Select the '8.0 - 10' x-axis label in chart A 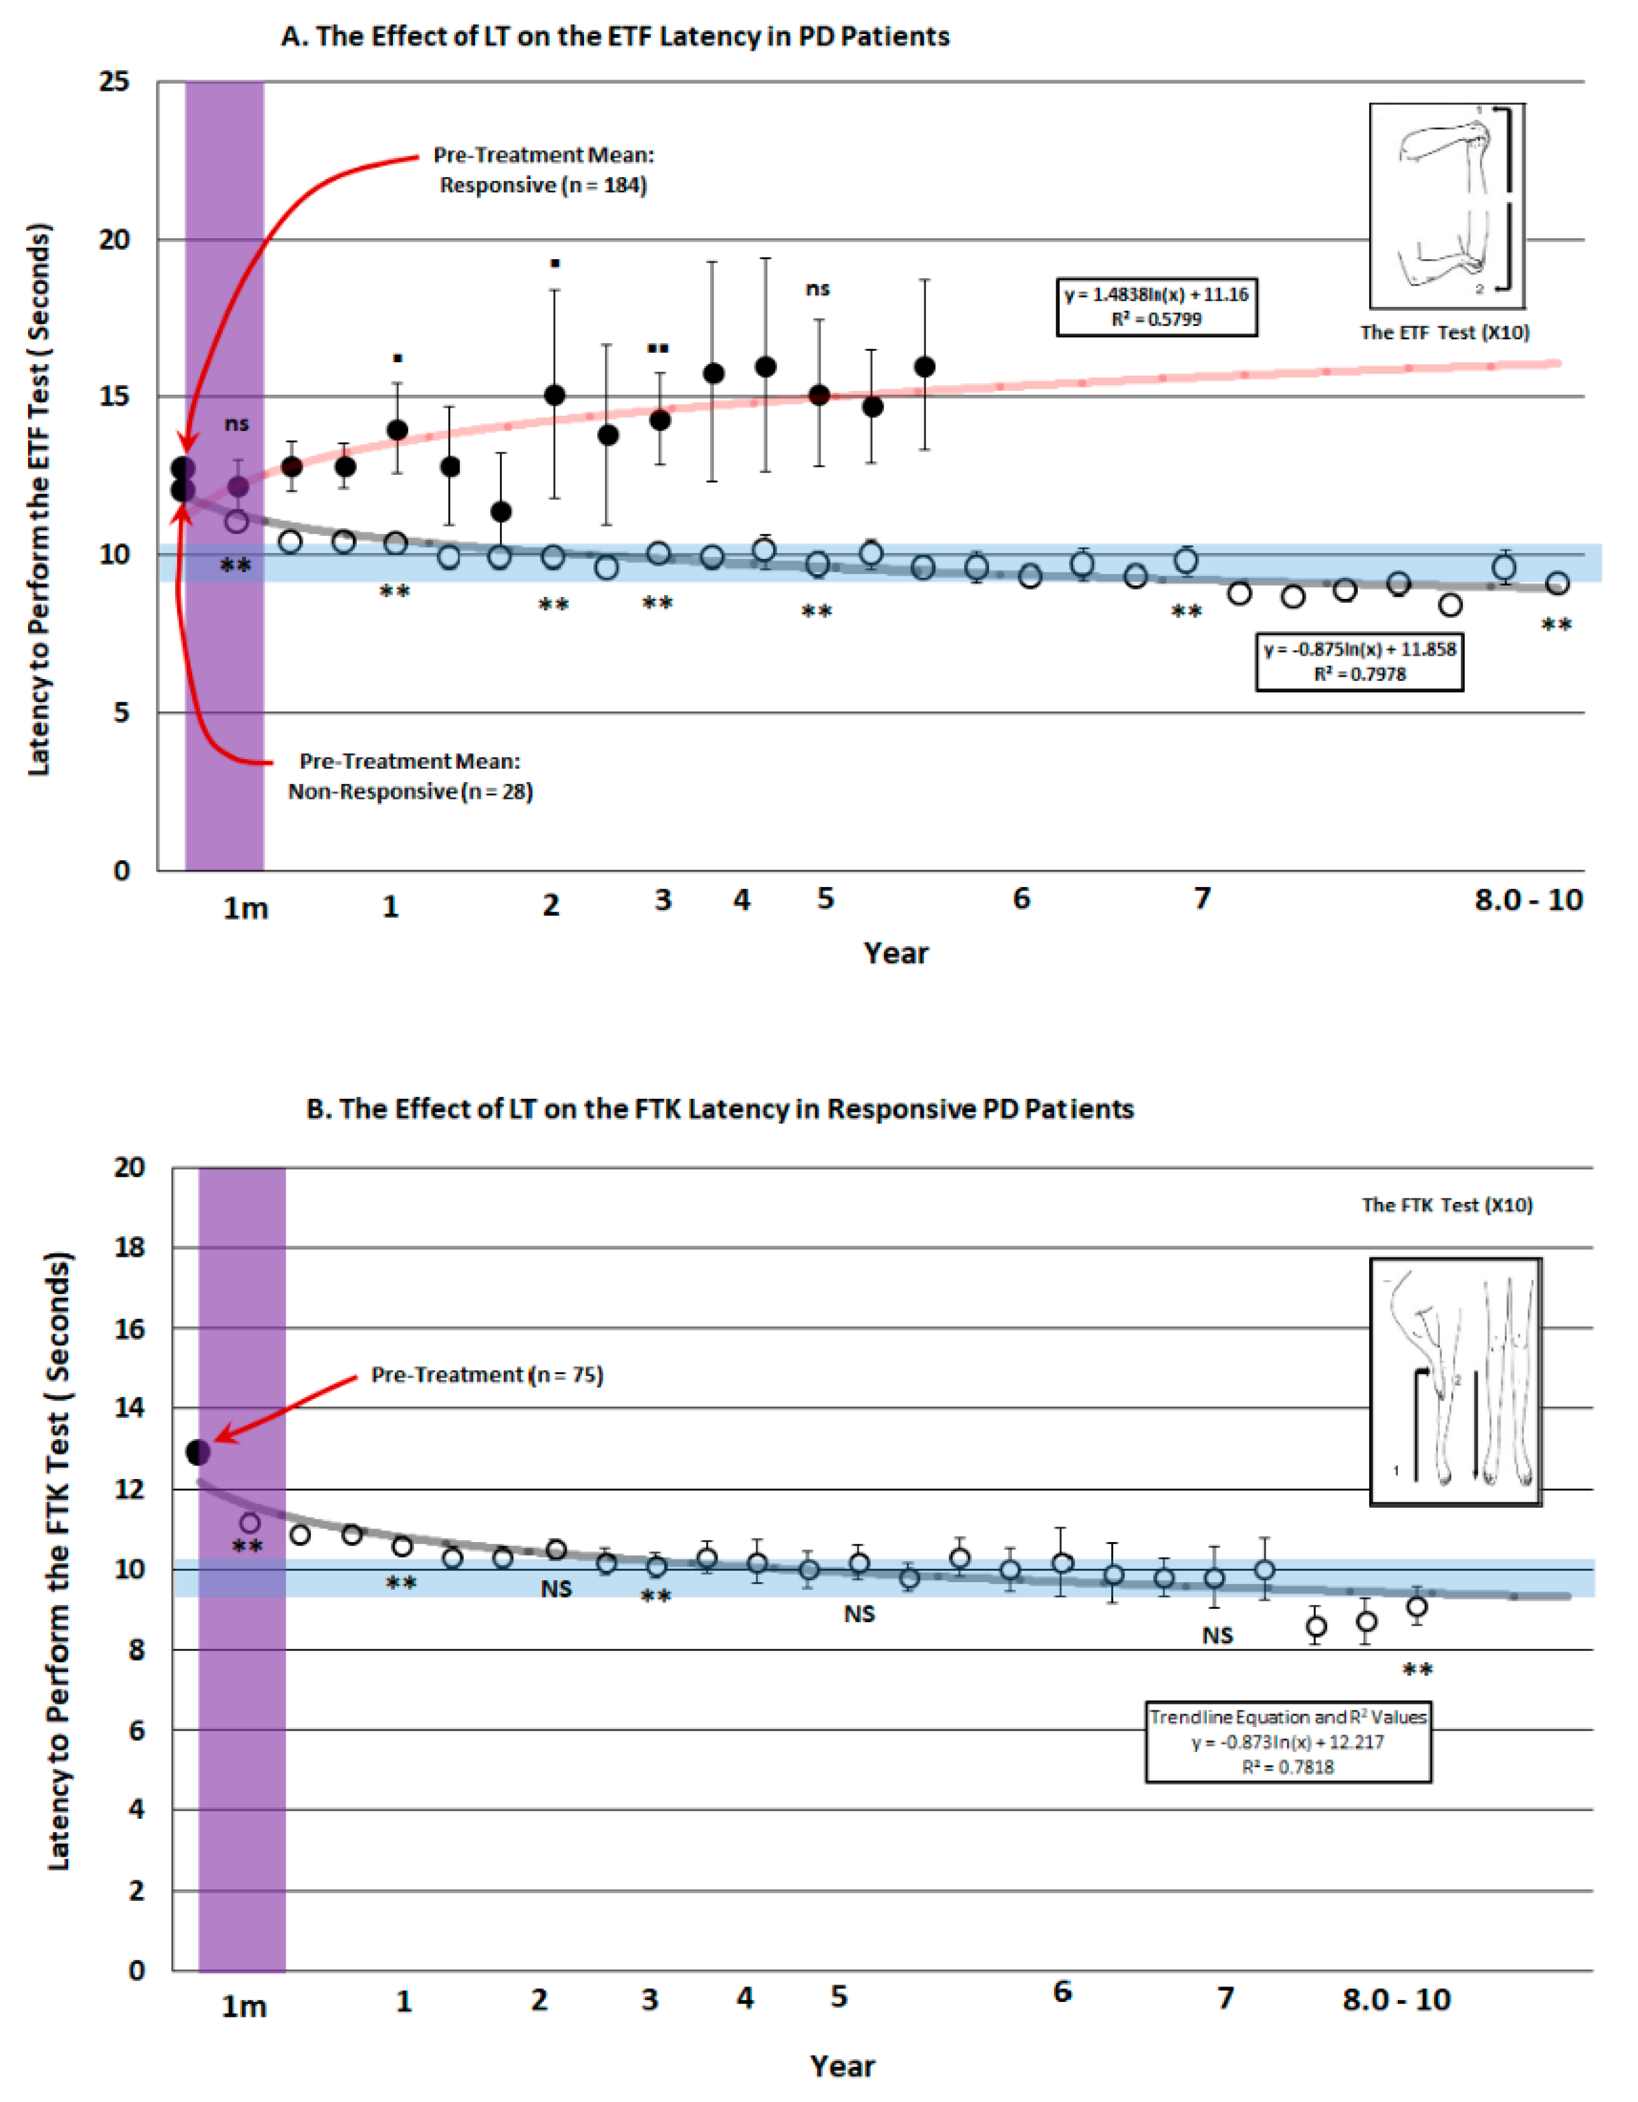pyautogui.click(x=1528, y=901)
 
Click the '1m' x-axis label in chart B pyautogui.click(x=244, y=2007)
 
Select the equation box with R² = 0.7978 pyautogui.click(x=1359, y=661)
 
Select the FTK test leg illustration pyautogui.click(x=1455, y=1381)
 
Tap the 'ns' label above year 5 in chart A pyautogui.click(x=817, y=289)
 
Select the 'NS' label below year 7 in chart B pyautogui.click(x=1218, y=1635)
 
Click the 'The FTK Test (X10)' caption pyautogui.click(x=1446, y=1205)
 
